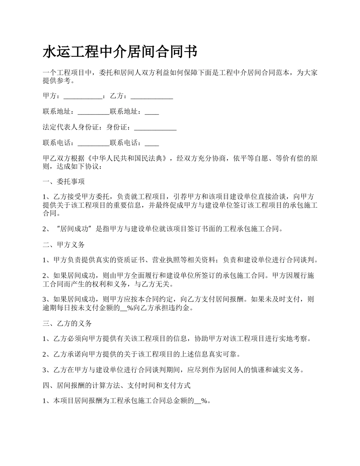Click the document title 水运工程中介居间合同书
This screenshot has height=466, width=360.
coord(120,52)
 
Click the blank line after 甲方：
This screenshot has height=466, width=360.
coord(83,96)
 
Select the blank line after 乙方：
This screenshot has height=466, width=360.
coord(152,96)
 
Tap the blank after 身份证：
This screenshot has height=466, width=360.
coord(155,127)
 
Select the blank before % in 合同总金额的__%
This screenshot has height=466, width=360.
coord(197,401)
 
